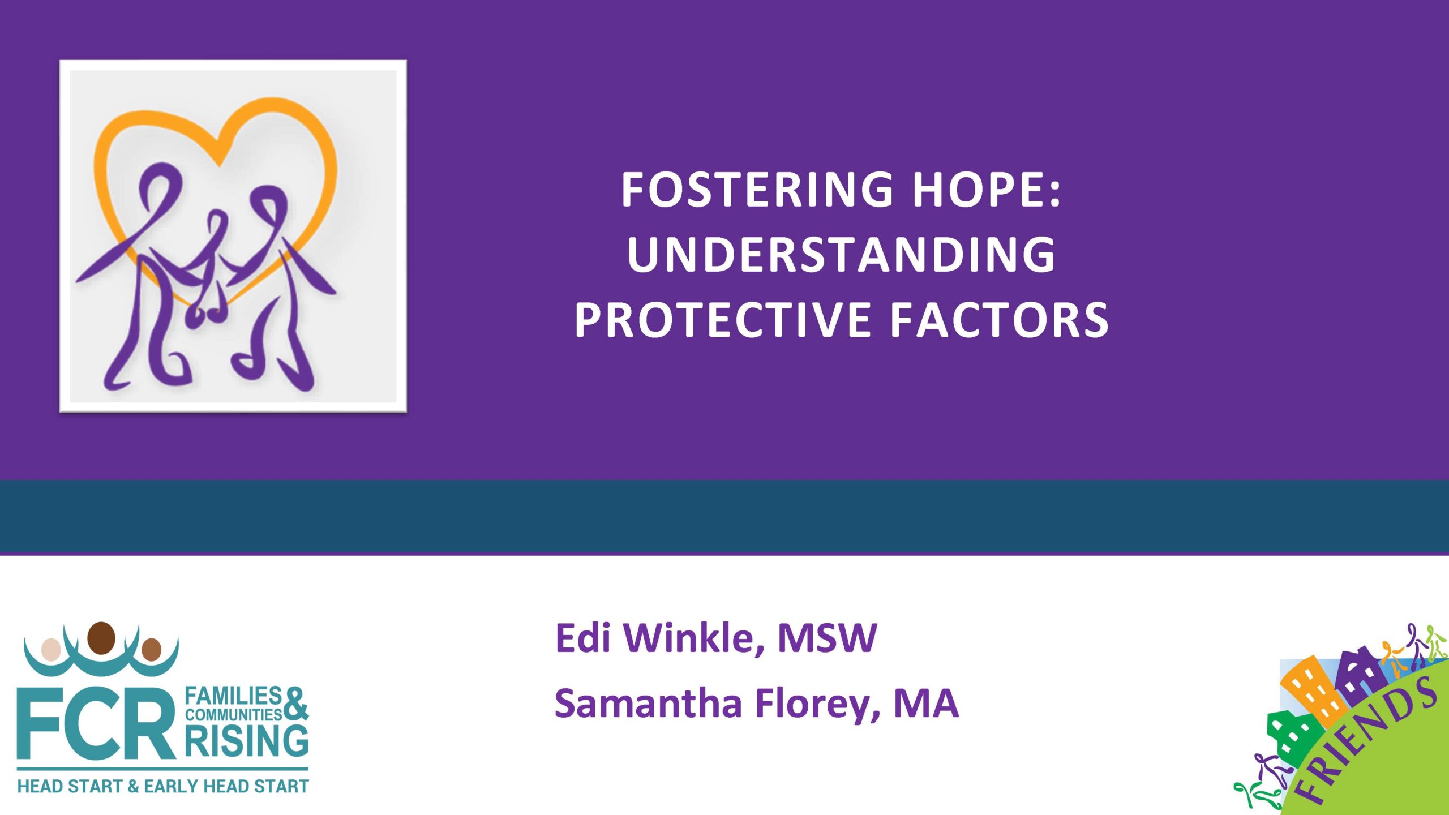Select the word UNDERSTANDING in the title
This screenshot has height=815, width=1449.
841,254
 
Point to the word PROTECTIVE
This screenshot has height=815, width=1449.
723,319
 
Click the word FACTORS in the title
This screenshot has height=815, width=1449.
999,319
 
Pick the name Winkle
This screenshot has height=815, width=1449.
688,638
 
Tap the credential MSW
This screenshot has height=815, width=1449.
827,638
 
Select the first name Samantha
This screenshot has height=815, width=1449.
648,704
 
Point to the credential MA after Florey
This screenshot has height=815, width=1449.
926,704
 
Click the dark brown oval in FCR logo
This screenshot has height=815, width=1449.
102,638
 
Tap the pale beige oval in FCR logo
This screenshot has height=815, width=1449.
51,650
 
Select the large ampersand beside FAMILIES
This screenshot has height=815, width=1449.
295,704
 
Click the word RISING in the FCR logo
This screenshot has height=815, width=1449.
247,741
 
